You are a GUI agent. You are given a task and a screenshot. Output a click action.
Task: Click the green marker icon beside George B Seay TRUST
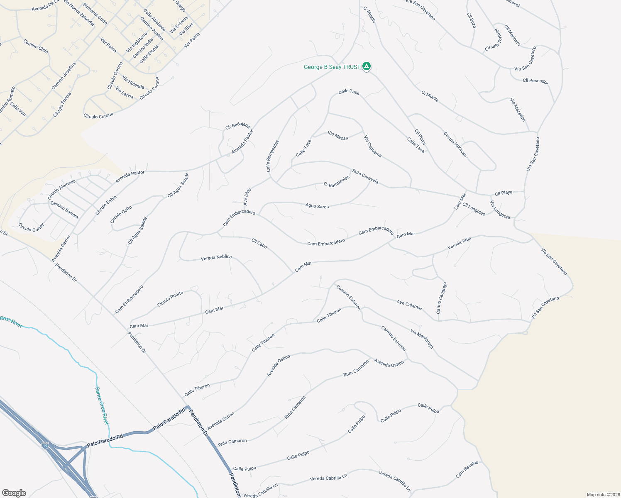coord(367,66)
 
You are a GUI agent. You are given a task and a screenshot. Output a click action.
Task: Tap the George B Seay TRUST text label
coord(332,67)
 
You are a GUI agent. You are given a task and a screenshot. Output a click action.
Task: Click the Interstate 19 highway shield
coord(45,445)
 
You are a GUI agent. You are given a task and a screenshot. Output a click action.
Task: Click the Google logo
coord(14,493)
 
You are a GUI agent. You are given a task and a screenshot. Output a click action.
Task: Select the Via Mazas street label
coord(338,136)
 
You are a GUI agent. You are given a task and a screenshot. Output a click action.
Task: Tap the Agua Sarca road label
coord(317,206)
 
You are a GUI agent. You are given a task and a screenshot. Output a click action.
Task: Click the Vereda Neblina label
coord(216,258)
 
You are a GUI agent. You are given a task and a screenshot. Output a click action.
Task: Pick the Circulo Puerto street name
coord(170,299)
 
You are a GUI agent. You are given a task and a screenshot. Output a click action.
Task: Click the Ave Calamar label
coord(409,305)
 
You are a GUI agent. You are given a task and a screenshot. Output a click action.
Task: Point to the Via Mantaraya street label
coord(422,339)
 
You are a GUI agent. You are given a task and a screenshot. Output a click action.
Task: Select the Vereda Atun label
coord(460,243)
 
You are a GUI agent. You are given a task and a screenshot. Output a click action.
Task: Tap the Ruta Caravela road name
coord(365,176)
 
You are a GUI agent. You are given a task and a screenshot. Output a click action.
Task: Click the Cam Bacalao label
coord(467,469)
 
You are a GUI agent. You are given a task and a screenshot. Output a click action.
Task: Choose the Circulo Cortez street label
coord(31,227)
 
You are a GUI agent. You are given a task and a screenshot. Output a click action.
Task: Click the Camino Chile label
coord(36,46)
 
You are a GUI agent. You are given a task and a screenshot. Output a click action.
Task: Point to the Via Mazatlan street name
coord(518,110)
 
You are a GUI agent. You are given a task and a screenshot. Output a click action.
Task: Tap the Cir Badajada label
coord(237,126)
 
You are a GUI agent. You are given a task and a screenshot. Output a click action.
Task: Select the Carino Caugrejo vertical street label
coord(441,298)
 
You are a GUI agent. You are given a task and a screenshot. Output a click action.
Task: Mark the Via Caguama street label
coord(372,146)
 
